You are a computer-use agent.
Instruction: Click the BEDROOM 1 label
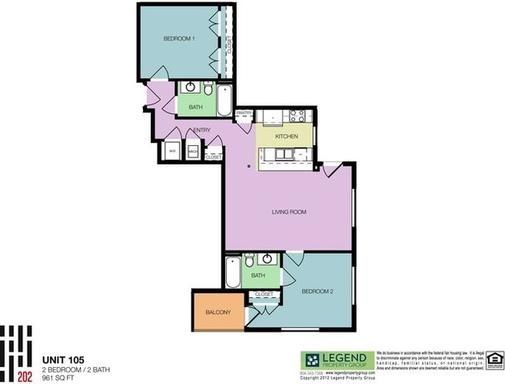(179, 38)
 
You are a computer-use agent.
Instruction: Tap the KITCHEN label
(287, 137)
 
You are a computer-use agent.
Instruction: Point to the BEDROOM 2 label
(317, 291)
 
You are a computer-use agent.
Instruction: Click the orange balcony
(218, 312)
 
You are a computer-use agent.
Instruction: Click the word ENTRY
(202, 130)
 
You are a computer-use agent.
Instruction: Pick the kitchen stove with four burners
(296, 117)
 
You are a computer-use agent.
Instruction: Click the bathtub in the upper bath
(223, 100)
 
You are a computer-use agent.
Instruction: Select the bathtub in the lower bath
(232, 275)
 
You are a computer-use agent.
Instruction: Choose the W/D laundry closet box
(172, 150)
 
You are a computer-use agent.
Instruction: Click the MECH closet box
(191, 150)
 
